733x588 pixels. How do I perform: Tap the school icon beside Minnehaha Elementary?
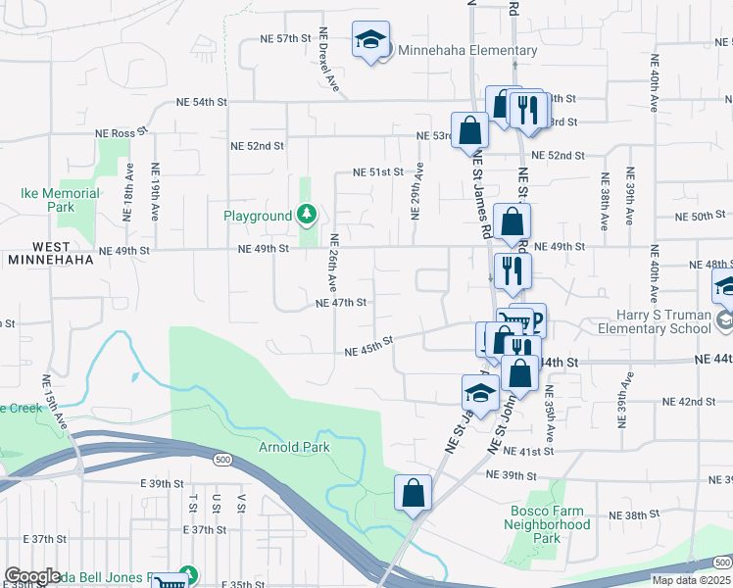(369, 40)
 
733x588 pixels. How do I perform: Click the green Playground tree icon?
(308, 215)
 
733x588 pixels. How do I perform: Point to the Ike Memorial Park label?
(61, 200)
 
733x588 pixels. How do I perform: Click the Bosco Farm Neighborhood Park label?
(551, 524)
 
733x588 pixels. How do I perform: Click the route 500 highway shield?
(223, 459)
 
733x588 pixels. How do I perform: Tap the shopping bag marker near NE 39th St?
(414, 492)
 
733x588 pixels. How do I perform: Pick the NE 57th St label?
(285, 38)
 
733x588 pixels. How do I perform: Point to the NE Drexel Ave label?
(328, 61)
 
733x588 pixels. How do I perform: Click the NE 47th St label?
(341, 303)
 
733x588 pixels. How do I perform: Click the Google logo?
(32, 576)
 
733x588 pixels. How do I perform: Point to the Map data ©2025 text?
(692, 580)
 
